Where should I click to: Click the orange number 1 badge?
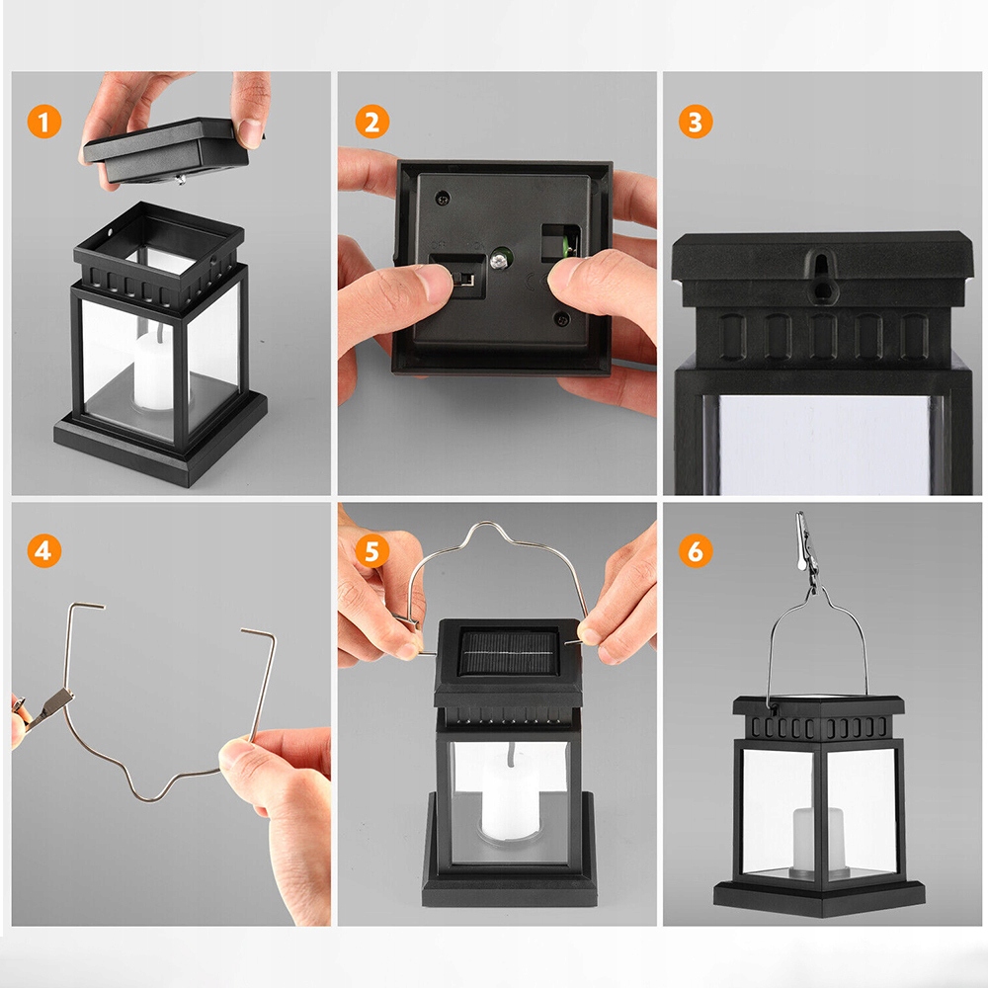point(44,122)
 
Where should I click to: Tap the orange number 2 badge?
point(372,122)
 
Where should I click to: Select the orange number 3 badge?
point(696,122)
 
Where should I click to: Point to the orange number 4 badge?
point(44,550)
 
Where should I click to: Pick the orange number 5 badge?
point(372,550)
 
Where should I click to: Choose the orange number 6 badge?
point(696,550)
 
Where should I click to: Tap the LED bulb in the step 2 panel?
point(501,258)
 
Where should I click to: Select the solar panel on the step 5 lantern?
point(509,653)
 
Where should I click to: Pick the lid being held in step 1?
point(167,150)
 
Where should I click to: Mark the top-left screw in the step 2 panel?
point(443,199)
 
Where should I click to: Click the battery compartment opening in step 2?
point(559,243)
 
